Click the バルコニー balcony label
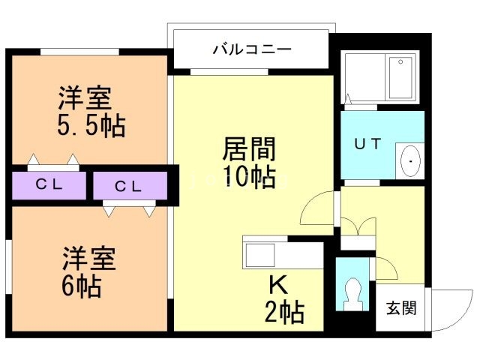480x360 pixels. [251, 51]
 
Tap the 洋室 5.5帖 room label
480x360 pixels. [86, 112]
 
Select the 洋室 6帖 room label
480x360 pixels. [88, 271]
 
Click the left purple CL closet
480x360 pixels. [48, 185]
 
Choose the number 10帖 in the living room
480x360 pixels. [248, 178]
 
